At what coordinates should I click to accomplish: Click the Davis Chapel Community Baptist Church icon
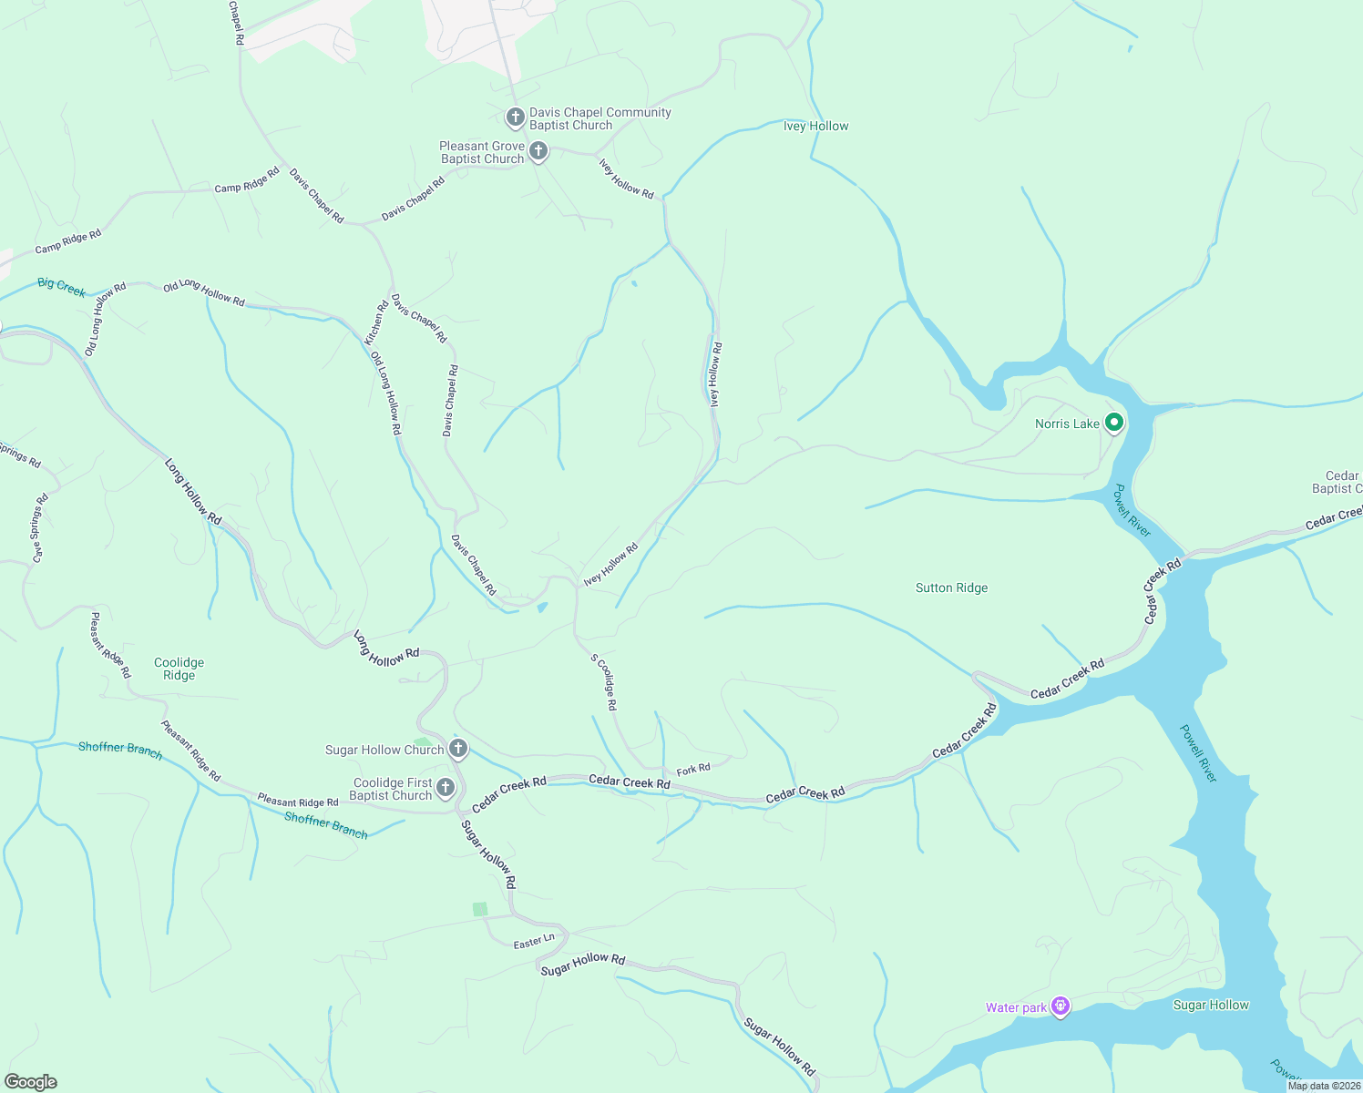click(x=515, y=117)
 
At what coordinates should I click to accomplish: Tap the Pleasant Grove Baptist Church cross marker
click(x=538, y=151)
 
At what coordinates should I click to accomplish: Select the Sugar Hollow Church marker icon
click(x=458, y=749)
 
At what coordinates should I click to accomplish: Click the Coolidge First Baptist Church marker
click(x=446, y=788)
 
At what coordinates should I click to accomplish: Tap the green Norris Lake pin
click(x=1112, y=423)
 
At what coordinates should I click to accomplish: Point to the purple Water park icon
click(x=1060, y=1006)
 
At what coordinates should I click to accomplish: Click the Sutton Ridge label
click(x=951, y=588)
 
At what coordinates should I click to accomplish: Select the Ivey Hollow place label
click(x=815, y=127)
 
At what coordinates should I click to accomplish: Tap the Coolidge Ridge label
click(x=179, y=669)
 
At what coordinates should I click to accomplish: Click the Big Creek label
click(x=61, y=288)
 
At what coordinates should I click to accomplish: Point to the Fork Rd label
click(x=693, y=770)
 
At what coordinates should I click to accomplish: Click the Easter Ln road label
click(x=533, y=942)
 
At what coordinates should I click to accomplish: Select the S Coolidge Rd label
click(x=604, y=682)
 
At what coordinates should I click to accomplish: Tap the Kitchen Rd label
click(x=376, y=322)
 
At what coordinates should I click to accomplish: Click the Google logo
click(x=31, y=1082)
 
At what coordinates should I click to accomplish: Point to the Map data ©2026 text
click(x=1324, y=1086)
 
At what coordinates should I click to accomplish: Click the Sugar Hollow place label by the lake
click(x=1210, y=1006)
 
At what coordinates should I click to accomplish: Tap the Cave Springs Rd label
click(x=38, y=528)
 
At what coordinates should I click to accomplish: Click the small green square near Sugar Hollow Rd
click(x=480, y=909)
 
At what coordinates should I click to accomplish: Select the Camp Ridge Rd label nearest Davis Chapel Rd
click(x=247, y=179)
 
